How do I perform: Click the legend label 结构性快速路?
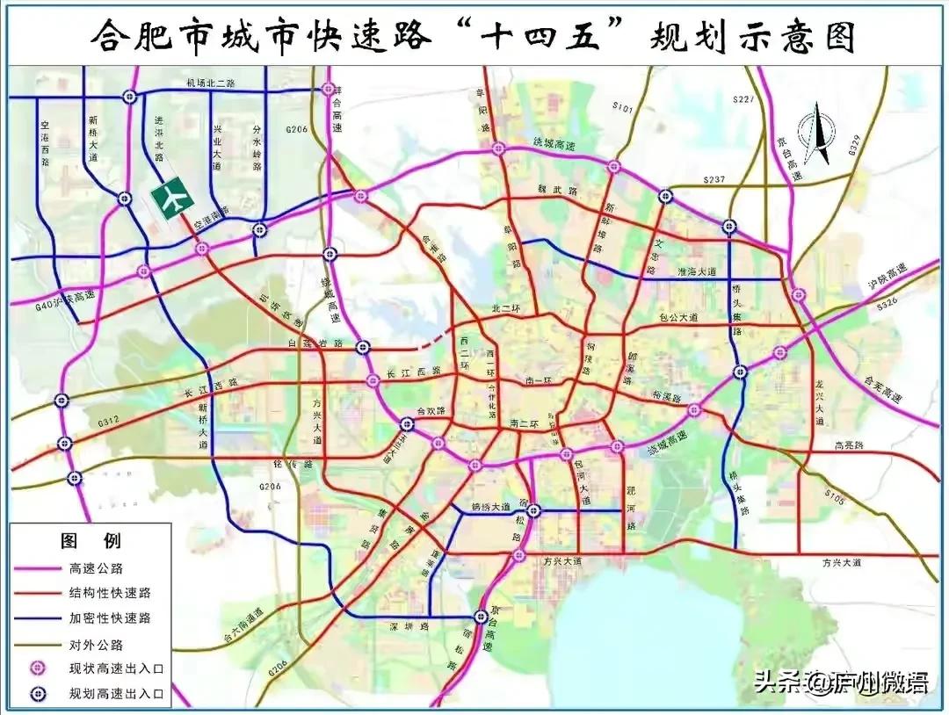pos(110,593)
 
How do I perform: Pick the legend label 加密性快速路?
pos(110,617)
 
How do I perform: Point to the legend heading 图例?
pos(91,540)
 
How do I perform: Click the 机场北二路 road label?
pos(211,83)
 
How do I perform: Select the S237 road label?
pos(714,180)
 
